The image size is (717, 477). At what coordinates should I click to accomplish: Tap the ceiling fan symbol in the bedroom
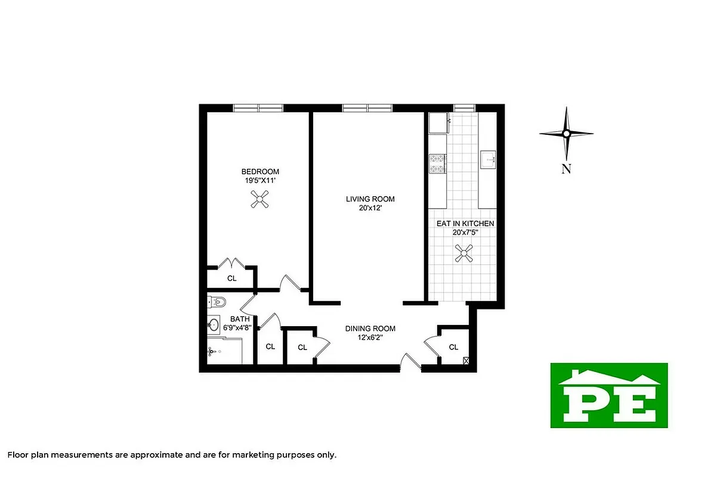(260, 199)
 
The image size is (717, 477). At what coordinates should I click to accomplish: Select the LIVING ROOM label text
(370, 199)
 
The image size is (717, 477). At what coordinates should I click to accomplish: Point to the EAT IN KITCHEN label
(465, 224)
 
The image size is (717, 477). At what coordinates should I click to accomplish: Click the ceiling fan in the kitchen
(464, 255)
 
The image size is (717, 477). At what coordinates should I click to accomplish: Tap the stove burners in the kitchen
(436, 163)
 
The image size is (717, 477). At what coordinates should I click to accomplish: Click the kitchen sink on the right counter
(489, 160)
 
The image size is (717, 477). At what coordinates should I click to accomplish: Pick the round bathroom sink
(214, 325)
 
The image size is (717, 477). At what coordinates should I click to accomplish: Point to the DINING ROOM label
(370, 329)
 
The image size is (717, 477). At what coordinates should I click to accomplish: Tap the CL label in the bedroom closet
(231, 278)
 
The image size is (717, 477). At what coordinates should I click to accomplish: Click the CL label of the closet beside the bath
(270, 346)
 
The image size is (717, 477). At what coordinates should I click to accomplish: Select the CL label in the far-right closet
(453, 347)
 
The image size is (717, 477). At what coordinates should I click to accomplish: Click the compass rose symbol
(566, 134)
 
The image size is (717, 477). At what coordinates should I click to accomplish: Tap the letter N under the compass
(566, 169)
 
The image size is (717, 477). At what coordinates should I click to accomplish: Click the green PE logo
(608, 395)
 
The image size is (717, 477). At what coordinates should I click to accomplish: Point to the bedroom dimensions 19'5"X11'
(259, 179)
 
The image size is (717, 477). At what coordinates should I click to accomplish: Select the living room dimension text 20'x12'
(370, 208)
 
